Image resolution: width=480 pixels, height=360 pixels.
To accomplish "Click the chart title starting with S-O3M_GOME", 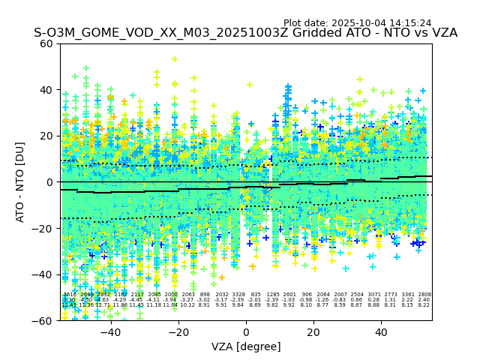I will click(245, 34).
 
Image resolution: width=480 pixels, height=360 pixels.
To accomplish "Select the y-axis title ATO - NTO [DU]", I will click(21, 182).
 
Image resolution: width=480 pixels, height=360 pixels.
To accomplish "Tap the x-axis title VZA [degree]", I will click(246, 346).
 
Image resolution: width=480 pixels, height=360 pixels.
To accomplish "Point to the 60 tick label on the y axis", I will click(46, 43).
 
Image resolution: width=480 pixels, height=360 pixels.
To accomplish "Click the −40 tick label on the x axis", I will click(110, 331).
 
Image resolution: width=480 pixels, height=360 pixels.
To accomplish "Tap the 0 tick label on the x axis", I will click(246, 331).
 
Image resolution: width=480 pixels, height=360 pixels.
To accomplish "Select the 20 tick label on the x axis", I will click(313, 331).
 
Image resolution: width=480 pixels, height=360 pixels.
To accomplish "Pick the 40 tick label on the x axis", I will click(381, 331).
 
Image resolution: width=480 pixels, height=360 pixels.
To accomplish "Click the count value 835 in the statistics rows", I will click(256, 295).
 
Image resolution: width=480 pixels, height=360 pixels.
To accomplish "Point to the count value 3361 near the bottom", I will click(408, 295).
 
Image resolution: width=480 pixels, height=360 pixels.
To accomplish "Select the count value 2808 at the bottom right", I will click(424, 295).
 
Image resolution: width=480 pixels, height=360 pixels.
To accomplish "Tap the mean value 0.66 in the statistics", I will click(357, 300).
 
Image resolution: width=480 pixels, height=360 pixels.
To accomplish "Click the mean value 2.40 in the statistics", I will click(424, 300).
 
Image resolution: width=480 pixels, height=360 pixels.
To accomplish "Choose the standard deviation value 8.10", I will click(306, 305).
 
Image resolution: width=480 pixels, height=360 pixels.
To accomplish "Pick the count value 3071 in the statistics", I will click(374, 295).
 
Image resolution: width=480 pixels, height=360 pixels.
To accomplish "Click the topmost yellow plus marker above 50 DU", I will click(175, 59).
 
